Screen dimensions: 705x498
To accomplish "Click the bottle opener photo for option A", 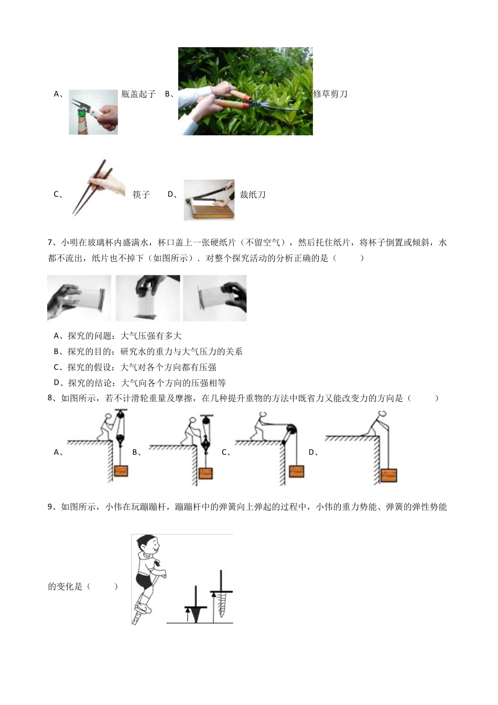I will (x=93, y=112).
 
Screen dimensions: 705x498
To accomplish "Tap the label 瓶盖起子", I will (x=138, y=94).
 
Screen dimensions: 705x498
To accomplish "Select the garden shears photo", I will (x=245, y=91).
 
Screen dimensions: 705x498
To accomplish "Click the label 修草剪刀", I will (x=330, y=94).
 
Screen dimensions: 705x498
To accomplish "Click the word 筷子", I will (x=141, y=195).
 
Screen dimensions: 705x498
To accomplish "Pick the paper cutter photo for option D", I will (x=209, y=200).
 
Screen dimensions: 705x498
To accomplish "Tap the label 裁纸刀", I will (x=253, y=195).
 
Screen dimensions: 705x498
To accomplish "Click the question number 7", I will (x=50, y=242).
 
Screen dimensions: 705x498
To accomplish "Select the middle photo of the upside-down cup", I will (x=148, y=298).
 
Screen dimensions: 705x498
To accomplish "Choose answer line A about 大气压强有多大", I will (x=118, y=336).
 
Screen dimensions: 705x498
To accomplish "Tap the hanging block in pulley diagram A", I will (x=121, y=470).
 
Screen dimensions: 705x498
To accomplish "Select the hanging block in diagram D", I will (x=389, y=475).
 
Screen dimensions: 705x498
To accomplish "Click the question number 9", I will (x=50, y=507).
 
